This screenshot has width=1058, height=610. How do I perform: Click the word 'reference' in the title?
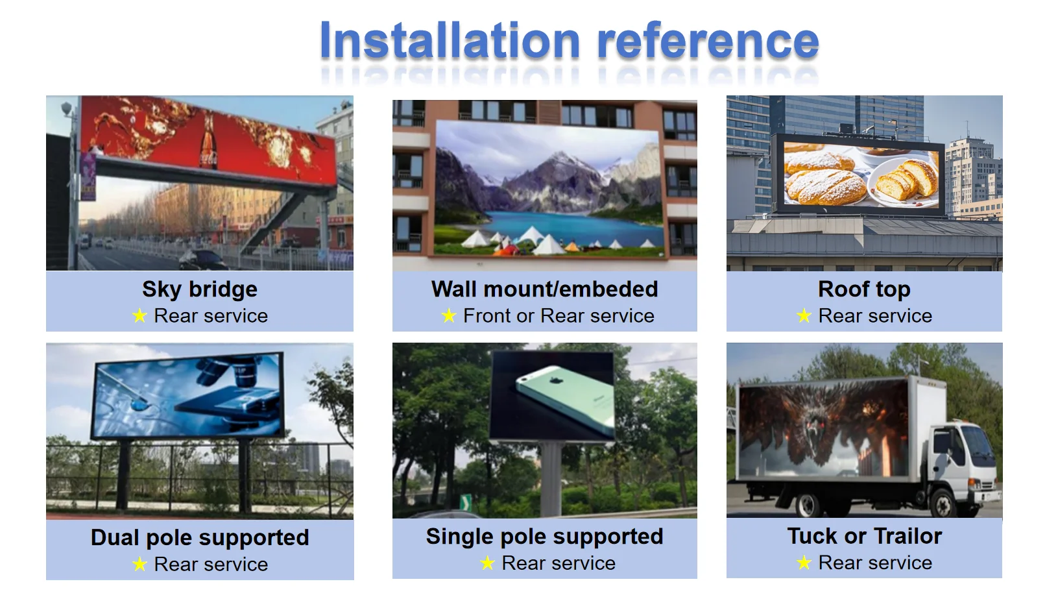[x=708, y=41]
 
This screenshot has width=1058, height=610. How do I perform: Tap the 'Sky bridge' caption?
[x=200, y=289]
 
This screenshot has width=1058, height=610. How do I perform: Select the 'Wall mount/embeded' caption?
[x=544, y=289]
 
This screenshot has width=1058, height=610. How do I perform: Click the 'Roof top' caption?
[x=864, y=289]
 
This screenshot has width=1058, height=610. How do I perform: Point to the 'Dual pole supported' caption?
[x=200, y=537]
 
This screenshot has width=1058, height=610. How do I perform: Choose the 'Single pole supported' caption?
[x=544, y=536]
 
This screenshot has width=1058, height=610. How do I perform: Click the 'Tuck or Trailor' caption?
[x=864, y=536]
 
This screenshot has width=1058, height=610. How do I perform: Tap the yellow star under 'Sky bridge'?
[x=139, y=316]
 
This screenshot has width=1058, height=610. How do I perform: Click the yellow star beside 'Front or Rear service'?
[x=449, y=316]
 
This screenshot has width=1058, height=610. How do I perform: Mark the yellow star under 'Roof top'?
[x=804, y=316]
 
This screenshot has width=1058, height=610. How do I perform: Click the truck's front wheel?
[x=943, y=503]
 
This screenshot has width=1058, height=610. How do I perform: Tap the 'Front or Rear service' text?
[x=559, y=316]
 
